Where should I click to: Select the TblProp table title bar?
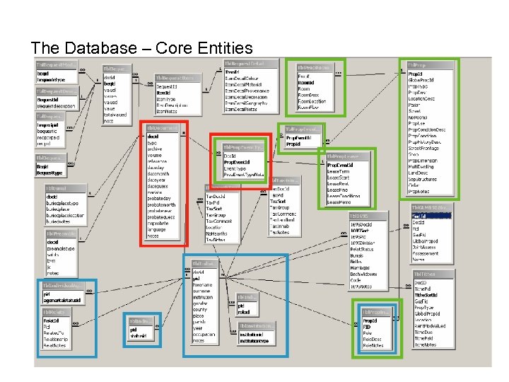tap(428, 64)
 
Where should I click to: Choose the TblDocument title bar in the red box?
tap(163, 128)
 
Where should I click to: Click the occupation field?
tap(205, 332)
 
